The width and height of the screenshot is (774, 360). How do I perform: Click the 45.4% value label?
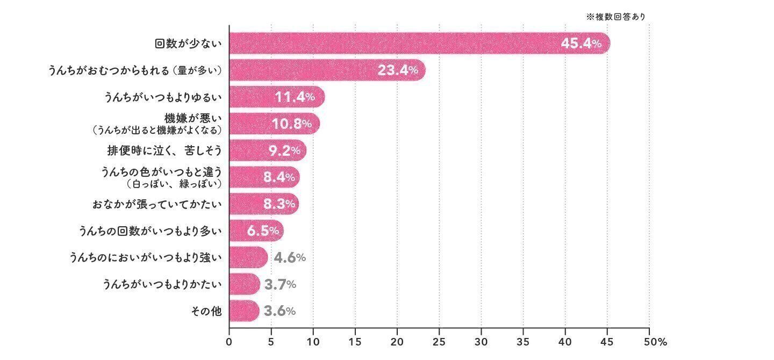581,44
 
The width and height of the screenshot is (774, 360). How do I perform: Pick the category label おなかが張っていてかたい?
157,204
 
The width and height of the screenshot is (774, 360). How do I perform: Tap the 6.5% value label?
263,231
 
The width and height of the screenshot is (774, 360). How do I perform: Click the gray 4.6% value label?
290,258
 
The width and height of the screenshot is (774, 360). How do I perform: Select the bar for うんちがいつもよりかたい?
244,284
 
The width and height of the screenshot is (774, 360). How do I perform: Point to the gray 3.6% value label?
279,311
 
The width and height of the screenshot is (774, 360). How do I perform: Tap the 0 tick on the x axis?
229,342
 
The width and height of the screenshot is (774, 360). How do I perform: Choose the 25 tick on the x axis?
439,342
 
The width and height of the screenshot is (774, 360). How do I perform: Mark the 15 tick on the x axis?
355,342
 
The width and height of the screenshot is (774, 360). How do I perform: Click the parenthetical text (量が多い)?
197,70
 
